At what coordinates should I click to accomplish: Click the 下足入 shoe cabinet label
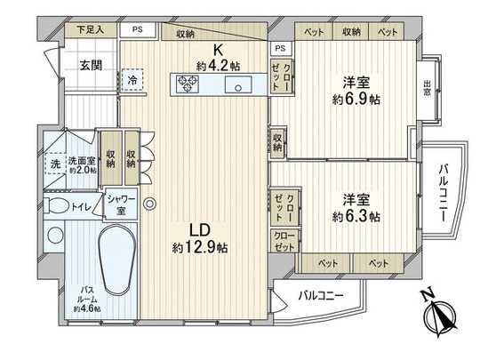click(90, 29)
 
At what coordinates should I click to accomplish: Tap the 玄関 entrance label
click(89, 64)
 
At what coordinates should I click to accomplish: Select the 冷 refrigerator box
click(132, 77)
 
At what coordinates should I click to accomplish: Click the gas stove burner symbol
click(189, 84)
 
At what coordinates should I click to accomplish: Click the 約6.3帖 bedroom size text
click(357, 216)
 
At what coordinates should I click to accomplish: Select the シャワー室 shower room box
click(121, 205)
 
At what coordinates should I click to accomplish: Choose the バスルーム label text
click(86, 295)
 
